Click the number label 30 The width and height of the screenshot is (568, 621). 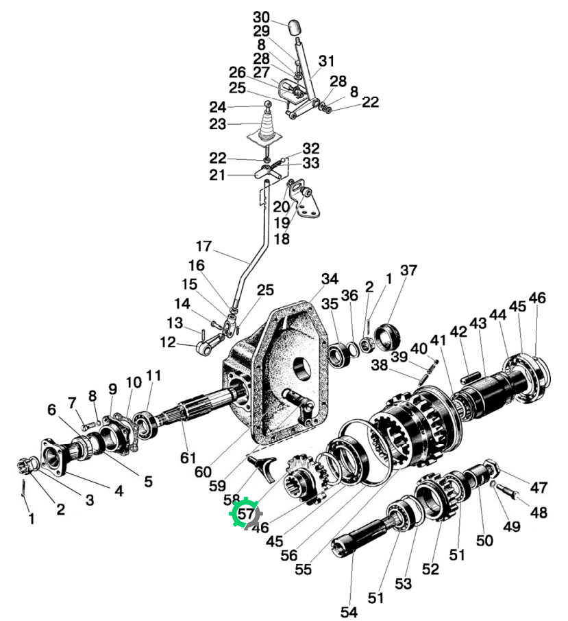point(261,17)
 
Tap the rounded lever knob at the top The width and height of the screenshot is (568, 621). point(294,27)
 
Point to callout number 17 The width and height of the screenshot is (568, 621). point(203,246)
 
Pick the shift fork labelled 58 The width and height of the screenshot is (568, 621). point(262,467)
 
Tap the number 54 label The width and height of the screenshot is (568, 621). point(349,612)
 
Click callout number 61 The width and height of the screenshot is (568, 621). point(188,458)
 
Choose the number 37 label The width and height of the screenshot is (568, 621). point(408,270)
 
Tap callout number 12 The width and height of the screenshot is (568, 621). point(167,342)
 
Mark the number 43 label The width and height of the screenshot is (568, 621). point(478,323)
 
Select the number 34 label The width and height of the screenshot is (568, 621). point(330,279)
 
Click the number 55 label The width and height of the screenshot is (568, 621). point(303,569)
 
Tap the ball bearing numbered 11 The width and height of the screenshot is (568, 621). point(146,425)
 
